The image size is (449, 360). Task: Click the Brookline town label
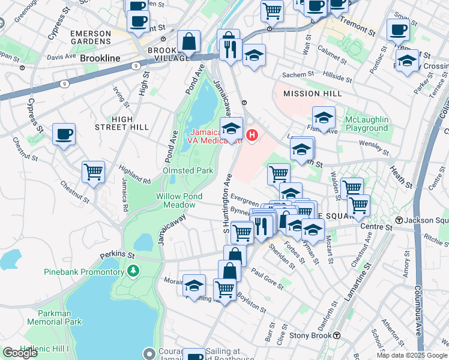click(101, 58)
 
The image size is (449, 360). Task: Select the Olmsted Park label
click(188, 170)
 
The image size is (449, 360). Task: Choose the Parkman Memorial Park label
click(54, 317)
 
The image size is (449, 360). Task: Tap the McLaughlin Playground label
click(366, 124)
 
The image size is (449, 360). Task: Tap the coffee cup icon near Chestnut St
click(64, 134)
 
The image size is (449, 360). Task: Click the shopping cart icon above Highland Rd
click(94, 172)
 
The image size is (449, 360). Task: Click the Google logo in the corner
click(20, 353)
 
